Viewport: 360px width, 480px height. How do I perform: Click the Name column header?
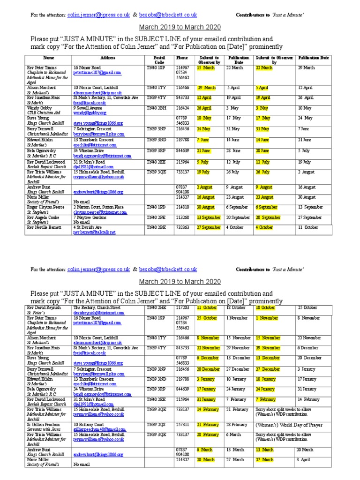tap(49, 57)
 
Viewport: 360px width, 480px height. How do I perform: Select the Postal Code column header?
tap(159, 60)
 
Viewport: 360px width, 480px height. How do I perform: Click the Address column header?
tap(107, 57)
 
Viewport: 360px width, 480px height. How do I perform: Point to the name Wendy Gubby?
tap(40, 108)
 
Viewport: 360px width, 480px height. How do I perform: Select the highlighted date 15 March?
tap(206, 67)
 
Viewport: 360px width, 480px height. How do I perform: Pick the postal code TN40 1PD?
tap(156, 207)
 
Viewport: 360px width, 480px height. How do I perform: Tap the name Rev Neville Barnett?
tap(45, 227)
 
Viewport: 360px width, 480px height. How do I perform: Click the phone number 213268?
tap(182, 217)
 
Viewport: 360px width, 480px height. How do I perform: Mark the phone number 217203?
tap(182, 307)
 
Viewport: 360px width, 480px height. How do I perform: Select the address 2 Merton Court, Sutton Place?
tap(98, 207)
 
